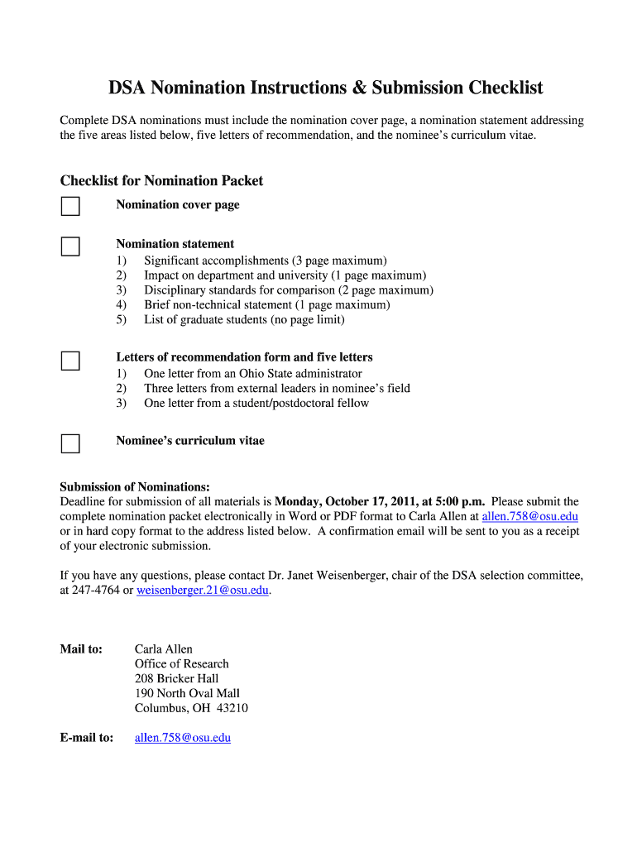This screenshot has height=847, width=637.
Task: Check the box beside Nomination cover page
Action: [70, 206]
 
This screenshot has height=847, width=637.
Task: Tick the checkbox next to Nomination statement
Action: [70, 246]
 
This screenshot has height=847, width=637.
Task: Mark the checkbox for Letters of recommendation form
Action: [70, 361]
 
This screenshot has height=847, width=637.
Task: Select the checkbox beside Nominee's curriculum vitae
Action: [70, 443]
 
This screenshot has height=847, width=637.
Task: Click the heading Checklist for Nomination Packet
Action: [161, 180]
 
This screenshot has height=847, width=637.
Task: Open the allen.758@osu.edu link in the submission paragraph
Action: [529, 516]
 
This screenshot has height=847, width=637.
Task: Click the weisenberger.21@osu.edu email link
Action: [203, 591]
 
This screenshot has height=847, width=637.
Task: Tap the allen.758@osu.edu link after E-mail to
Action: [182, 738]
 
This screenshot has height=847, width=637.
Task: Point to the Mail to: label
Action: [81, 648]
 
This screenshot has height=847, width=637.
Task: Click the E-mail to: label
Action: [86, 738]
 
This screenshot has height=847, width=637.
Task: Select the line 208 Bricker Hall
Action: [176, 678]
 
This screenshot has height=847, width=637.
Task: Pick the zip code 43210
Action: [232, 708]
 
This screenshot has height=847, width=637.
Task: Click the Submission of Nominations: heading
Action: [135, 486]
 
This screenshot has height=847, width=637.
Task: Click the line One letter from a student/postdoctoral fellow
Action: [256, 403]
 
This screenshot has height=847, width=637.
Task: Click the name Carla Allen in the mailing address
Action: [163, 648]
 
